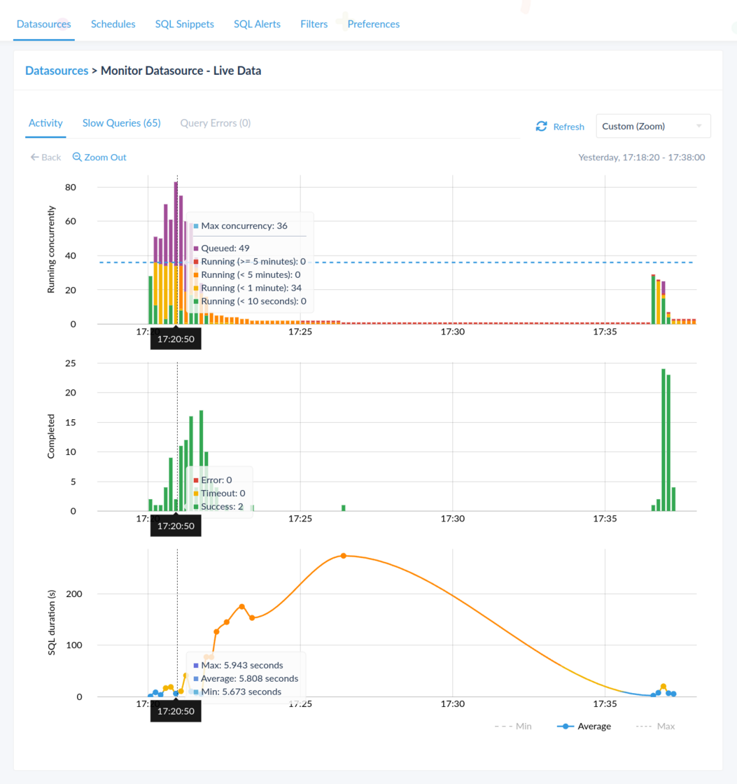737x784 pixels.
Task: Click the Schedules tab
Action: pyautogui.click(x=113, y=24)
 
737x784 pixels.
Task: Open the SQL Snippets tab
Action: pyautogui.click(x=184, y=24)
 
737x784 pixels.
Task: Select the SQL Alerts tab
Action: pyautogui.click(x=257, y=24)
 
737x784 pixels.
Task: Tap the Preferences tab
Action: pyautogui.click(x=373, y=24)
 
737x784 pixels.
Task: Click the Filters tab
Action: pyautogui.click(x=314, y=24)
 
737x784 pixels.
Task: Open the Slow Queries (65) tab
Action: pyautogui.click(x=121, y=123)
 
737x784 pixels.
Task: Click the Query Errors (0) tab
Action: pyautogui.click(x=215, y=123)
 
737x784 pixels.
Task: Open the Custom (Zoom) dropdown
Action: pyautogui.click(x=652, y=126)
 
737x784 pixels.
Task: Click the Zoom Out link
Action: pyautogui.click(x=99, y=157)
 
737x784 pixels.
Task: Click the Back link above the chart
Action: pyautogui.click(x=45, y=157)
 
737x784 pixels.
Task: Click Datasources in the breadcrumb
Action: pyautogui.click(x=56, y=71)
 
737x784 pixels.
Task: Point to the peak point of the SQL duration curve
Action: pyautogui.click(x=343, y=556)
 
